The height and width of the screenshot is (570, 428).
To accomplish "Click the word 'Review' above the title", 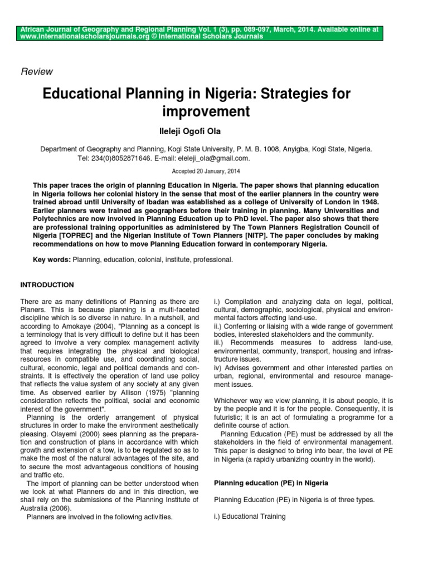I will click(x=36, y=71).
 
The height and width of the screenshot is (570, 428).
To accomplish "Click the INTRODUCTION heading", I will click(x=47, y=285).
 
